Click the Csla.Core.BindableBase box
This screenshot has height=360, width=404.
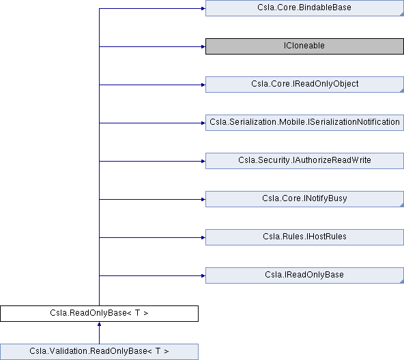click(304, 8)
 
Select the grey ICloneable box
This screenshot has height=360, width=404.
click(304, 46)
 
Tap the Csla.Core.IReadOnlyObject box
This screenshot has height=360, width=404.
click(304, 85)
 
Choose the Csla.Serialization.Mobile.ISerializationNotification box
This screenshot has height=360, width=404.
click(304, 123)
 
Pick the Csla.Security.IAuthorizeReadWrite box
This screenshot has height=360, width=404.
click(304, 161)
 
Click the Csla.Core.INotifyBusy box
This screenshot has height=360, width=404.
click(304, 199)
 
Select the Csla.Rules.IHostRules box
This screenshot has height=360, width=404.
click(304, 237)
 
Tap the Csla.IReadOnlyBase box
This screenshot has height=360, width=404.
click(304, 275)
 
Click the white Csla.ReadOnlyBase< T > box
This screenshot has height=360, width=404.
click(99, 314)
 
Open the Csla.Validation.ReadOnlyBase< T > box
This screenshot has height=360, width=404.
click(99, 352)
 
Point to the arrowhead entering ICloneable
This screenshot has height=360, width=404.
click(203, 46)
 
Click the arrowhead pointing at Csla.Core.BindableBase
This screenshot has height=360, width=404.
click(203, 8)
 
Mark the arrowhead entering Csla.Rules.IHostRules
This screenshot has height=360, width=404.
click(203, 237)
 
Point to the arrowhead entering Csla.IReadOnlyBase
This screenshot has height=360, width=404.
click(203, 275)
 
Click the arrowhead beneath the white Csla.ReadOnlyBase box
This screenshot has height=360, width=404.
click(99, 324)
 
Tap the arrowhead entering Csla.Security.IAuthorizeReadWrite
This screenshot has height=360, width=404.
click(203, 161)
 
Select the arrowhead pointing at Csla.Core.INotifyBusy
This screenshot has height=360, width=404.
click(203, 199)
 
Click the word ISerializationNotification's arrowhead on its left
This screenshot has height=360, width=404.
click(203, 123)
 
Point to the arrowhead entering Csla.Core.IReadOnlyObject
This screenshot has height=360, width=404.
click(203, 85)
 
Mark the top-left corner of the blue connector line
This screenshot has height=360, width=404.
click(99, 8)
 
